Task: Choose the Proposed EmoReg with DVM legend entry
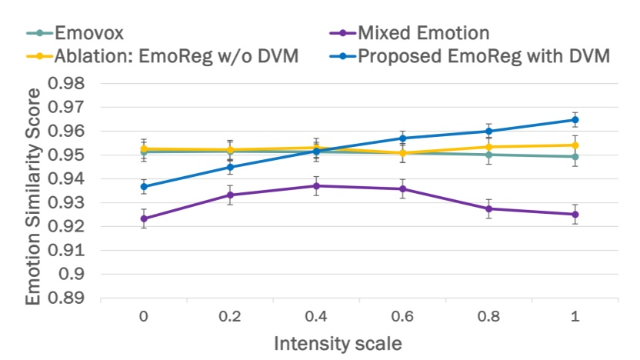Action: [x=484, y=56]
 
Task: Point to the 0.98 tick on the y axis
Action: [x=67, y=84]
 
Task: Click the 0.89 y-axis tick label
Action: [x=67, y=298]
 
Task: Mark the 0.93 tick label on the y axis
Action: [x=67, y=203]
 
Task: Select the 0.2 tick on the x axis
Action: [x=230, y=316]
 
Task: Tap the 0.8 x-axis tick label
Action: [x=489, y=316]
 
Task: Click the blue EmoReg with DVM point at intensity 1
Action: [x=575, y=120]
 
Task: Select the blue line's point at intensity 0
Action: [x=143, y=186]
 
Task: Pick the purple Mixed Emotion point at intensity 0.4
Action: [x=316, y=185]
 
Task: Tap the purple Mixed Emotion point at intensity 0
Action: [x=143, y=218]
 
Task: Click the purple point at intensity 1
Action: [x=575, y=215]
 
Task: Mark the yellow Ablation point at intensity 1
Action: [x=575, y=145]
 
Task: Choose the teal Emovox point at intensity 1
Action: [x=575, y=156]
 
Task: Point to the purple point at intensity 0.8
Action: [x=488, y=208]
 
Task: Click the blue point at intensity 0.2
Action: [x=230, y=167]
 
